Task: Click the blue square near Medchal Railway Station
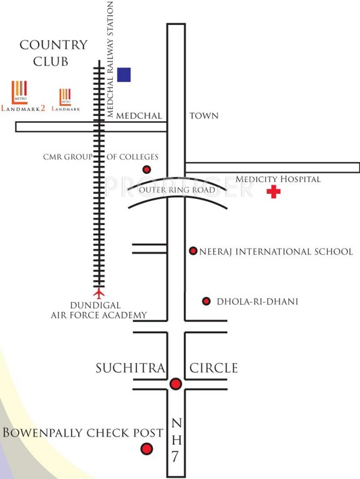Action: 124,75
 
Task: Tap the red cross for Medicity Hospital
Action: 273,192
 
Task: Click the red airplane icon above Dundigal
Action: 98,292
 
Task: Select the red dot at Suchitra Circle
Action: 176,384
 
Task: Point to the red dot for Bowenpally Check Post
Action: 147,448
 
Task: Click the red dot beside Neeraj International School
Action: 193,251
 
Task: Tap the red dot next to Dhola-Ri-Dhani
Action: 207,301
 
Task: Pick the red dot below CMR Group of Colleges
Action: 147,170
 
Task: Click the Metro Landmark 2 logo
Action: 23,96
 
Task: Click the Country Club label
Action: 53,53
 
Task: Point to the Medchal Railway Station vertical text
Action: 111,60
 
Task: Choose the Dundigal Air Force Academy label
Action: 99,311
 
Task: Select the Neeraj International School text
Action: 276,251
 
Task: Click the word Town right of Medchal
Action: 203,116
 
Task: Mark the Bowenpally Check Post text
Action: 83,433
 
